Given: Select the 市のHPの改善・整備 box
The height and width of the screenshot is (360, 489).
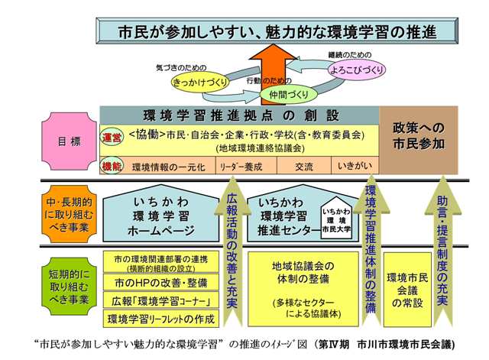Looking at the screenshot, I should click(160, 282).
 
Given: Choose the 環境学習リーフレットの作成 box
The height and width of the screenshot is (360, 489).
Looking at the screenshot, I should click(160, 318).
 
